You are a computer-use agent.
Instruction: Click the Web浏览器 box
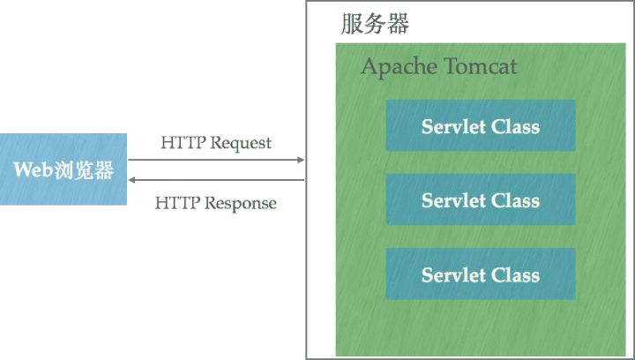coord(63,169)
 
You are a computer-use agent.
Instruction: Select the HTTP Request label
coord(216,142)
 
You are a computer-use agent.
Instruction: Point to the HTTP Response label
coord(215,203)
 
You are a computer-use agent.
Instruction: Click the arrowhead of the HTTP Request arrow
coord(301,160)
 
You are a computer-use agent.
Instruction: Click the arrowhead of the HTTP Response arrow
coord(131,180)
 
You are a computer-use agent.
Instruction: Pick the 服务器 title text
coord(375,24)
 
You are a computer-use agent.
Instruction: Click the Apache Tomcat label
coord(438,68)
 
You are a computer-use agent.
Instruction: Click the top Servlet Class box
coord(480,125)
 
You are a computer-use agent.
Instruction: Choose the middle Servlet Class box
coord(480,199)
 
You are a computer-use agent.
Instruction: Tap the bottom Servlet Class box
coord(480,274)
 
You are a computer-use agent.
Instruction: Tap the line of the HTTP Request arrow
coord(216,160)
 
